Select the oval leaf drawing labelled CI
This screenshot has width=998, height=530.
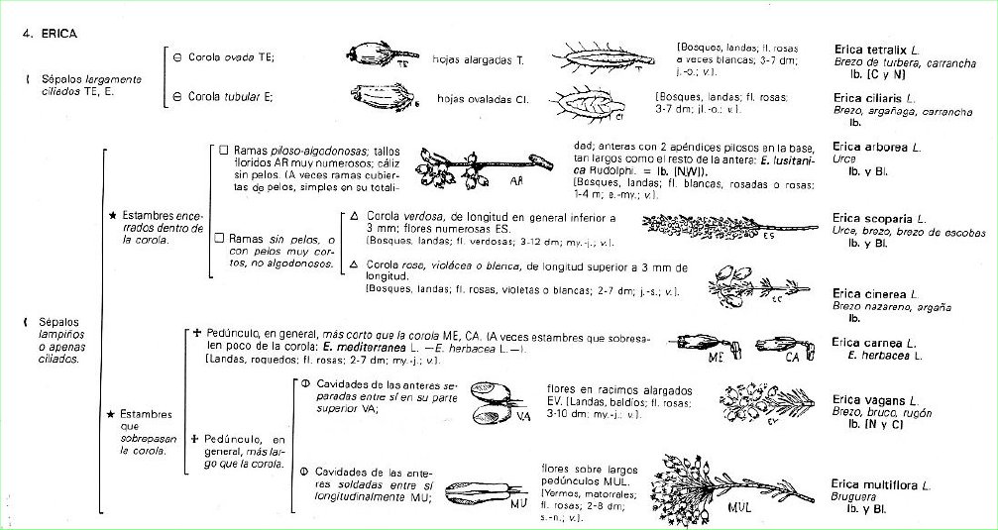590,102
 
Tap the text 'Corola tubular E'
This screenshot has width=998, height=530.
223,96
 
